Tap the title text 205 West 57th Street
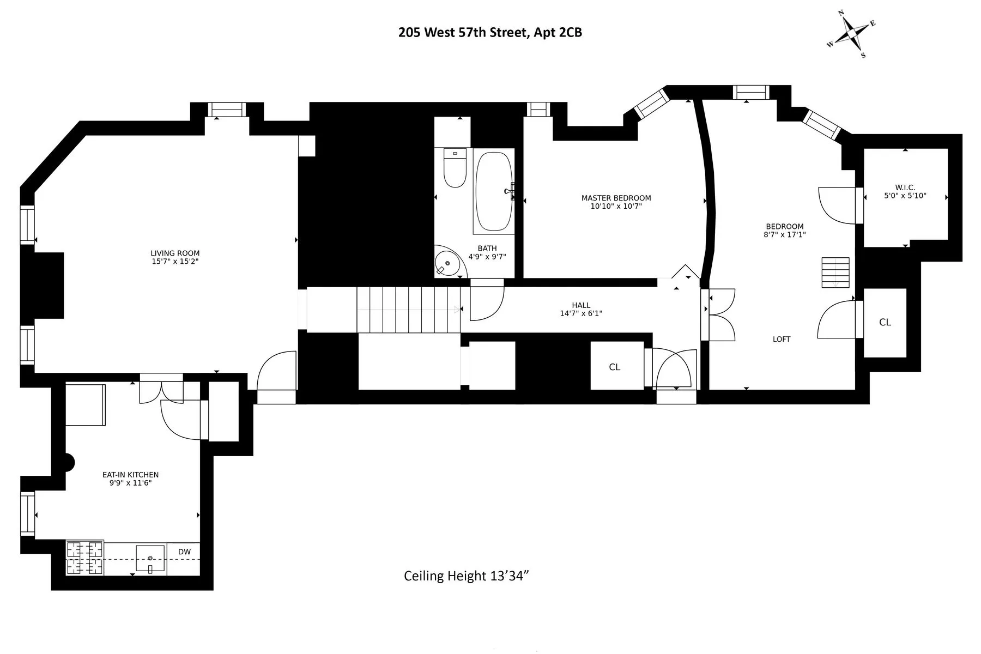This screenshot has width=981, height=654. [490, 33]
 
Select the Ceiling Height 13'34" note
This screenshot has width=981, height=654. [467, 576]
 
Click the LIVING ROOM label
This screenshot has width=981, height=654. [175, 253]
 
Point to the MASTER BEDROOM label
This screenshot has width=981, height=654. [616, 198]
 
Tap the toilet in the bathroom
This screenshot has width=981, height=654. [455, 168]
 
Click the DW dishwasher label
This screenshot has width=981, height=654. [184, 552]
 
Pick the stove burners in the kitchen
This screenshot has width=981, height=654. [84, 558]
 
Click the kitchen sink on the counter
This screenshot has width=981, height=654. [150, 559]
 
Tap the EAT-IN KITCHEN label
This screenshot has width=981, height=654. [130, 475]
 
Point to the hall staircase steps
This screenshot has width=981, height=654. [408, 310]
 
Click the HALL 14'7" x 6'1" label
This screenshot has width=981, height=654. [581, 310]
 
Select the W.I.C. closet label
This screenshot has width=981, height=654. [905, 188]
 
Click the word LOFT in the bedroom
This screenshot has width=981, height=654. [781, 340]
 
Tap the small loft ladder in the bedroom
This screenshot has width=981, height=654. [835, 272]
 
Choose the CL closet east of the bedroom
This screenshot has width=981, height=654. [885, 323]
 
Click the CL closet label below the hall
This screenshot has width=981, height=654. [614, 367]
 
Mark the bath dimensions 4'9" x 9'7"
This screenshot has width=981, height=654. [487, 257]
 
